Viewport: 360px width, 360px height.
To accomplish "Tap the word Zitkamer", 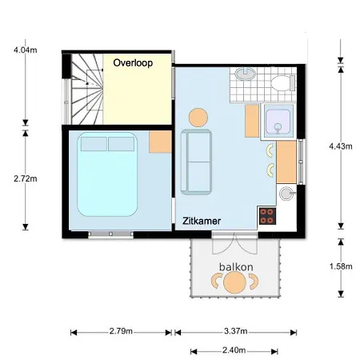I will [x=201, y=219].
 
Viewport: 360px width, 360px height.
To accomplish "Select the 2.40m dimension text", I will [x=235, y=350].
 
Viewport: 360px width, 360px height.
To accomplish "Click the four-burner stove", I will [x=267, y=215].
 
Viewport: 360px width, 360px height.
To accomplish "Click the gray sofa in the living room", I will [x=196, y=163].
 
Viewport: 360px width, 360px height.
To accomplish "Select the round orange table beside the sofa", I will [x=197, y=118].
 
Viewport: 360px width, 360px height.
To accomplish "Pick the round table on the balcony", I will [x=234, y=282].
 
